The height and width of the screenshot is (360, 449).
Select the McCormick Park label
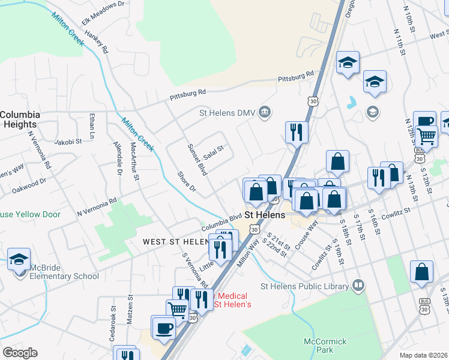click(325, 345)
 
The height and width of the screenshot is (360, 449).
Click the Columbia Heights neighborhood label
click(20, 119)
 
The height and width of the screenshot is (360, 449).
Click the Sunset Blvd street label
click(197, 159)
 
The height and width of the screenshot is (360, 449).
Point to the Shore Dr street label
click(187, 181)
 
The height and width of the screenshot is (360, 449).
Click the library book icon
click(358, 284)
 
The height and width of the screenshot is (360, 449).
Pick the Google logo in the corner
click(20, 353)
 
